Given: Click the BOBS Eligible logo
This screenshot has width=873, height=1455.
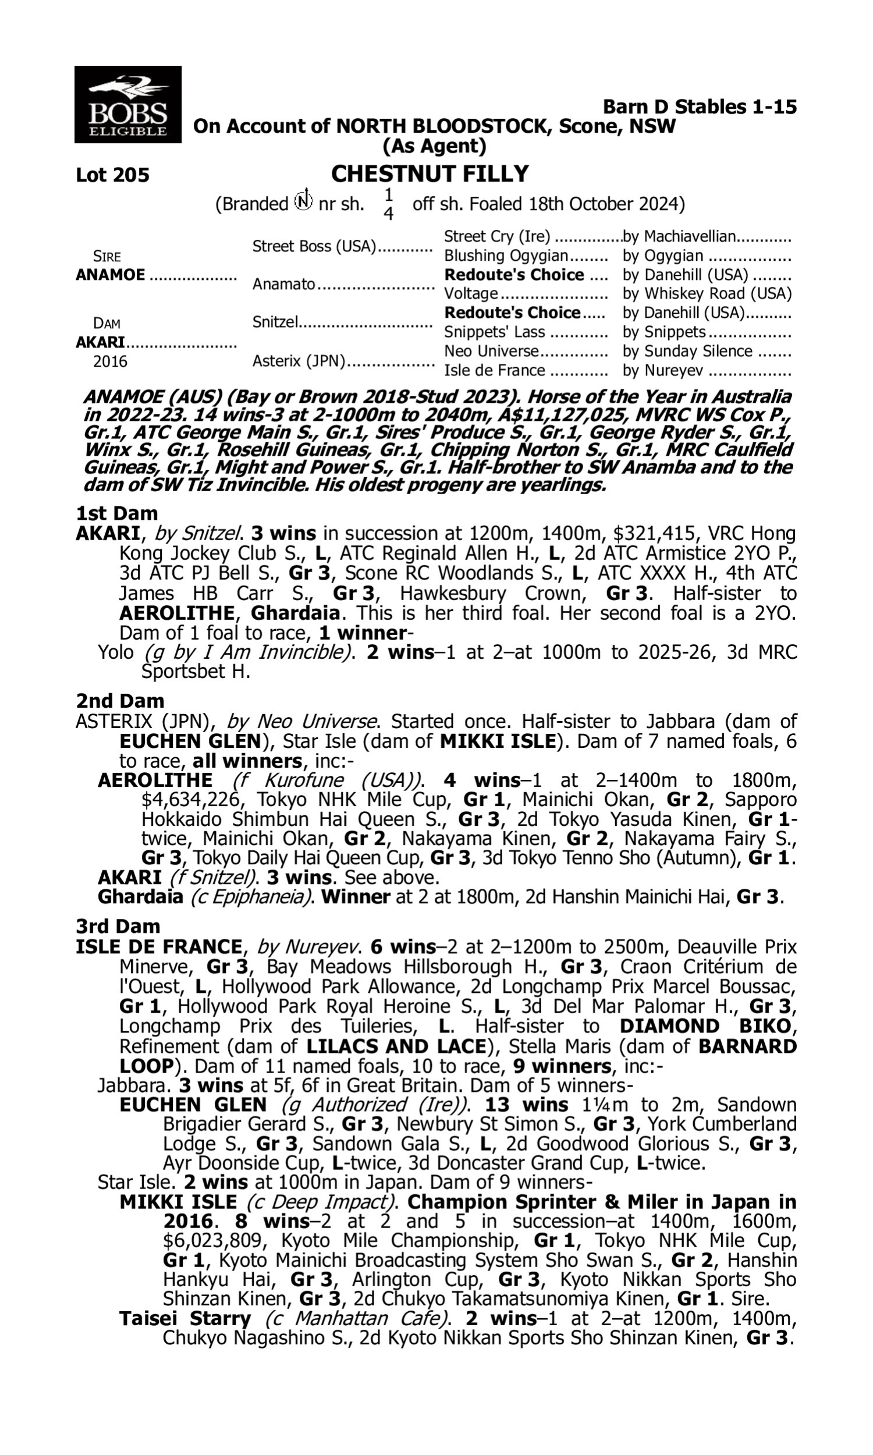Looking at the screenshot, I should click(x=127, y=104).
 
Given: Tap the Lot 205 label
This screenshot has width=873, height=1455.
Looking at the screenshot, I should click(x=112, y=175).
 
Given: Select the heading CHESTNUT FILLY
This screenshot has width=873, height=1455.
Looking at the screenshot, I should click(x=430, y=174).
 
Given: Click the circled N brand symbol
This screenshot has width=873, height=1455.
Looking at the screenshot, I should click(x=304, y=201).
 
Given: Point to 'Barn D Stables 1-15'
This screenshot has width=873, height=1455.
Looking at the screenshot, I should click(x=700, y=107).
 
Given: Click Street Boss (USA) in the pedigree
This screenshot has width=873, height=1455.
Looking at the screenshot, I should click(x=314, y=246).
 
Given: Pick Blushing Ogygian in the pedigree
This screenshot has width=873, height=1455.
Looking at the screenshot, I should click(x=506, y=256).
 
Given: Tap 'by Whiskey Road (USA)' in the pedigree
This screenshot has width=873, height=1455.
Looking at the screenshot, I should click(x=707, y=293).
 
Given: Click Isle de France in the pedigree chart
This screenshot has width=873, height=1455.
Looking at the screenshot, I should click(x=494, y=371).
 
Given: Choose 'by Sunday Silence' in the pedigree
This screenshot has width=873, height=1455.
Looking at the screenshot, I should click(x=687, y=351).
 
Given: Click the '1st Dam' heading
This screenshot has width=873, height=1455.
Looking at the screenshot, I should click(x=117, y=513).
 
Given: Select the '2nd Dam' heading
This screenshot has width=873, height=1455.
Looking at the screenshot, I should click(x=120, y=701).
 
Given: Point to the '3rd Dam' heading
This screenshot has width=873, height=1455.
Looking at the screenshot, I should click(x=118, y=927).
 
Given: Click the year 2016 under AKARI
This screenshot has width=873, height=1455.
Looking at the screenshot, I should click(x=110, y=361).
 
